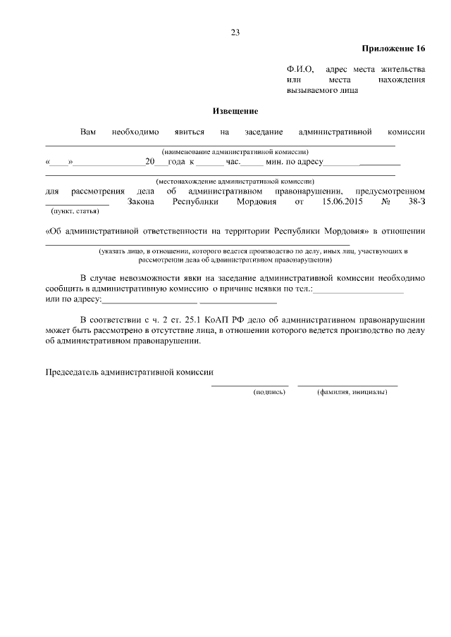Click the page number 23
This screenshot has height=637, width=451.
click(x=235, y=32)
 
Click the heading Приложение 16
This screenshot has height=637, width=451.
click(x=394, y=49)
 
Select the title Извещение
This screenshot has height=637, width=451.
click(x=235, y=111)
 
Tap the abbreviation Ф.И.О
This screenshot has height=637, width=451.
click(x=298, y=70)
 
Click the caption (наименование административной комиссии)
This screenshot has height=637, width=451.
click(x=235, y=152)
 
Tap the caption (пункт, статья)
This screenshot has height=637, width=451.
click(x=74, y=211)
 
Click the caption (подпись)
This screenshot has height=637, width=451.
click(x=269, y=391)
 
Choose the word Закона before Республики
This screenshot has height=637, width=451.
click(x=144, y=202)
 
